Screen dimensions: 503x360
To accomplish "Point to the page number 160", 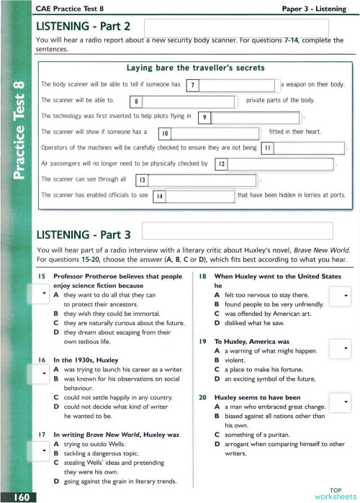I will click(15, 497).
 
